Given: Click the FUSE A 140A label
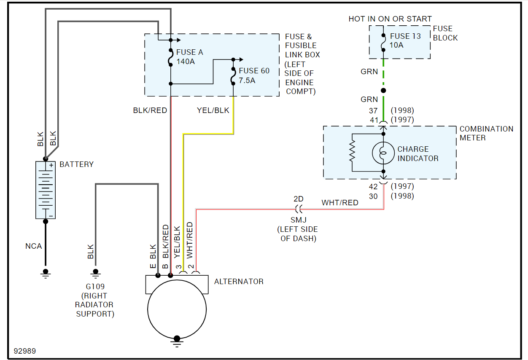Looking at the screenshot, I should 189,57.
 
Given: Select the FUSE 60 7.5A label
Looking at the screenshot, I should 254,75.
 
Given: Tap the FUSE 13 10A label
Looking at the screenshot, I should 405,40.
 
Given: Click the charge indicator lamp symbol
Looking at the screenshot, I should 383,153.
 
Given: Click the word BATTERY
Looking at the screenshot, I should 76,164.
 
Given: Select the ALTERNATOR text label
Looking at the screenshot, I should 239,282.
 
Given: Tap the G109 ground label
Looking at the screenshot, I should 95,287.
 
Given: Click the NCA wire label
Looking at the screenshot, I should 34,246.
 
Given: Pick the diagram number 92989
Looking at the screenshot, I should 24,351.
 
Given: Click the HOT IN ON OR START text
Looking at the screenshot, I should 390,19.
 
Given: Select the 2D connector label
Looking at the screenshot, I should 299,199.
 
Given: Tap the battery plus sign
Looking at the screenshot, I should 51,166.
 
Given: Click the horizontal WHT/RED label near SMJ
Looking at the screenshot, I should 340,203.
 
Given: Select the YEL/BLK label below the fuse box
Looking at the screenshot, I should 213,110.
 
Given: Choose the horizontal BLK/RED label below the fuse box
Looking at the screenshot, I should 150,110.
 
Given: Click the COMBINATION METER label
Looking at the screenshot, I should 486,133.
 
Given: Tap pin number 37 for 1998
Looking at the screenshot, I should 373,110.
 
